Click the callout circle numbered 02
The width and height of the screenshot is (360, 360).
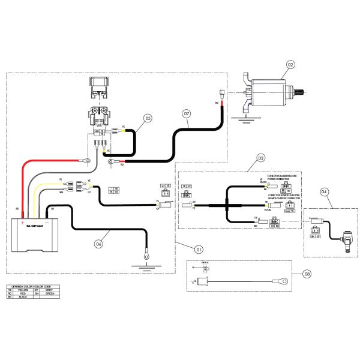point(290,64)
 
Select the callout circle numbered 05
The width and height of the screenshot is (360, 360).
point(148,118)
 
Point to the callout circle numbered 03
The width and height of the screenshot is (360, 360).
point(260,158)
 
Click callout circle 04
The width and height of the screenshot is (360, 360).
point(324,193)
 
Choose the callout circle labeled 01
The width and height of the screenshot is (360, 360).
point(199,248)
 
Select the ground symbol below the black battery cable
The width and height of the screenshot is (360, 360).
point(144,260)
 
